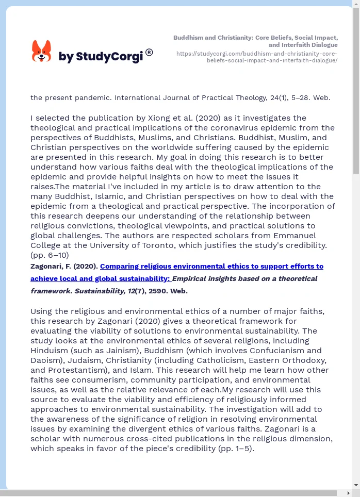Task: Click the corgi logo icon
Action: click(41, 51)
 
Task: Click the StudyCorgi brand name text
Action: click(101, 57)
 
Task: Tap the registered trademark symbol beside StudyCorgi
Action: click(149, 52)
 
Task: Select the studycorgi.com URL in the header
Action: click(257, 57)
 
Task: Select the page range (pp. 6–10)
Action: click(50, 255)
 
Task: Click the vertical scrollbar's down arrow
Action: click(356, 485)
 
